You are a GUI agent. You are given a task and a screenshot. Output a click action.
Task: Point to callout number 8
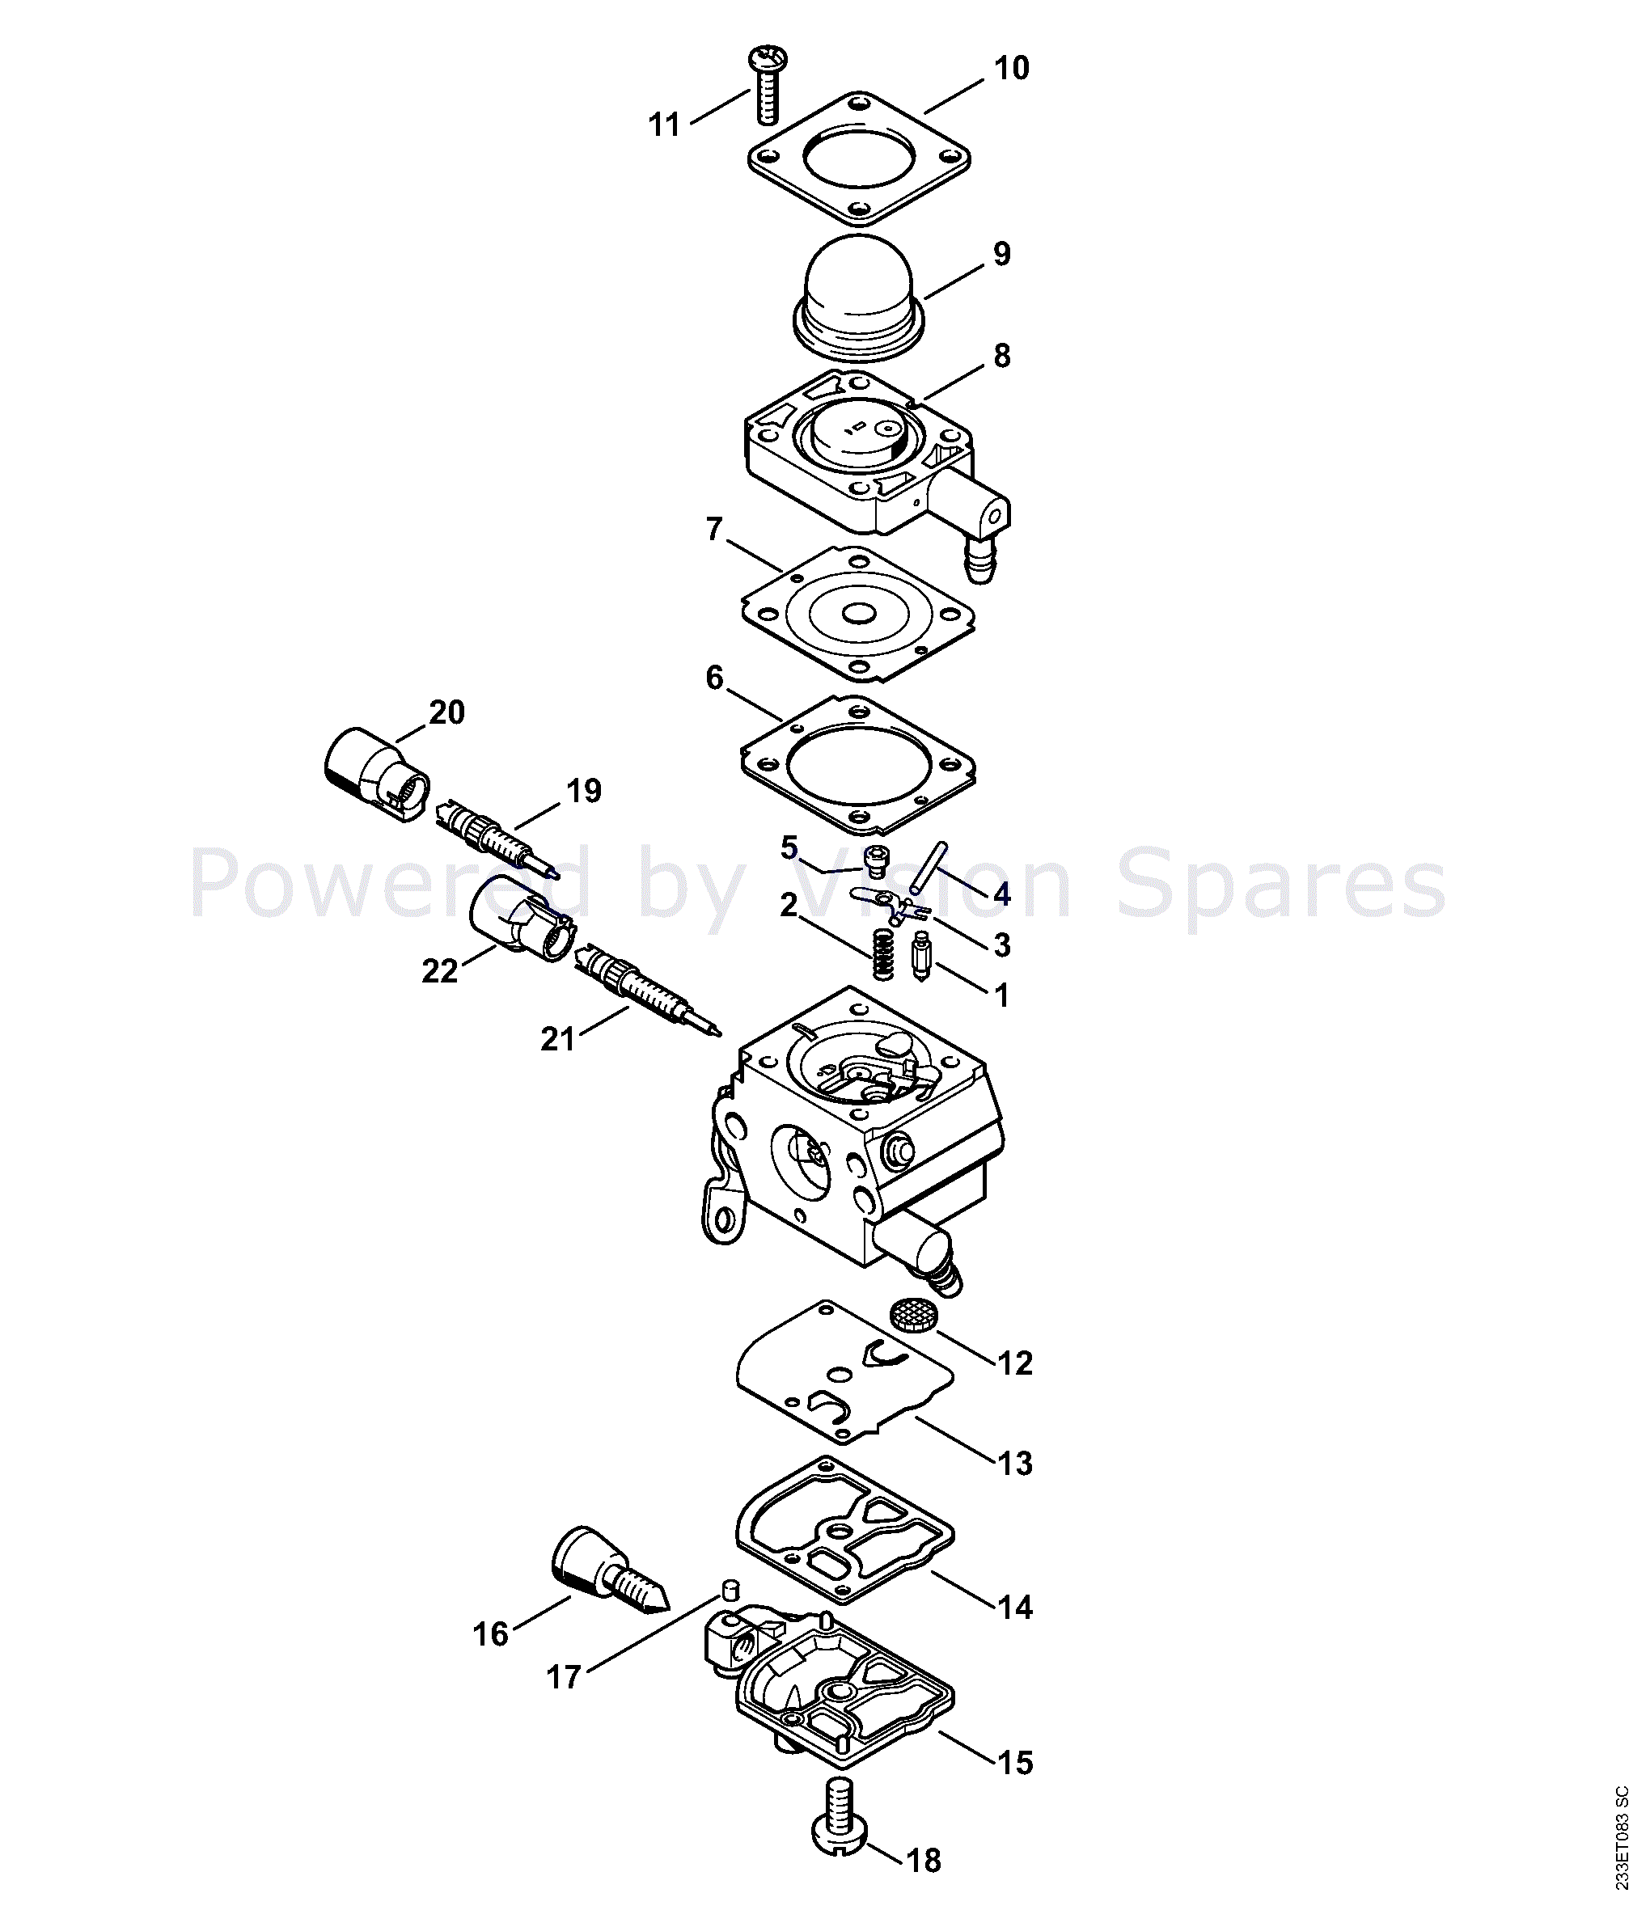coord(1001,356)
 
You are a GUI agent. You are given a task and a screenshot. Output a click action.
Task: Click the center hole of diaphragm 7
coord(858,613)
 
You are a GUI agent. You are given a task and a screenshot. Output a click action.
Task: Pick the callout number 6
coord(715,678)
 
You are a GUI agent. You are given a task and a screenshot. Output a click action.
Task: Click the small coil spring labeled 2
coord(883,954)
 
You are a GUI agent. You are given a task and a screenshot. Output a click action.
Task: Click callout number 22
coord(439,970)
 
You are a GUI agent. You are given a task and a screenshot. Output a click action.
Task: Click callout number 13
coord(1014,1463)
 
